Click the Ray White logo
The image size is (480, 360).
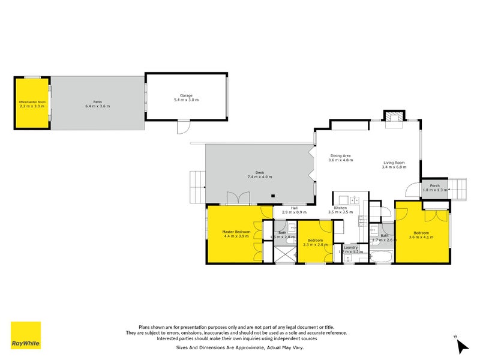(x=26, y=335)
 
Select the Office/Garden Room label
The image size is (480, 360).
(x=32, y=102)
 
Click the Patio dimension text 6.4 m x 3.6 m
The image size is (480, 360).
(x=97, y=106)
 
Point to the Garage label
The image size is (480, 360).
(x=186, y=95)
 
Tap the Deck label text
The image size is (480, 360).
(x=259, y=172)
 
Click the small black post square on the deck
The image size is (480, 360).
(x=273, y=196)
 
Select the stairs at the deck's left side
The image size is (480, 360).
(x=197, y=186)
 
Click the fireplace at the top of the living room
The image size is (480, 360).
(x=394, y=119)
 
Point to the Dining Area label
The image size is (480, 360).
(x=340, y=156)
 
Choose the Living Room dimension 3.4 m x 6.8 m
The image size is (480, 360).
(x=394, y=167)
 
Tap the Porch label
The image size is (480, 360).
(x=434, y=185)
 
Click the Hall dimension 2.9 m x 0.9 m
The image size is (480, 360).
(x=294, y=212)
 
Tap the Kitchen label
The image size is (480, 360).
(x=340, y=208)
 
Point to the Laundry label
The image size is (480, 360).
(x=350, y=247)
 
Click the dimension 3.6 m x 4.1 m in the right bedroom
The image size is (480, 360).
(x=421, y=237)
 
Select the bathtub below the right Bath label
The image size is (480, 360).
(x=380, y=257)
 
